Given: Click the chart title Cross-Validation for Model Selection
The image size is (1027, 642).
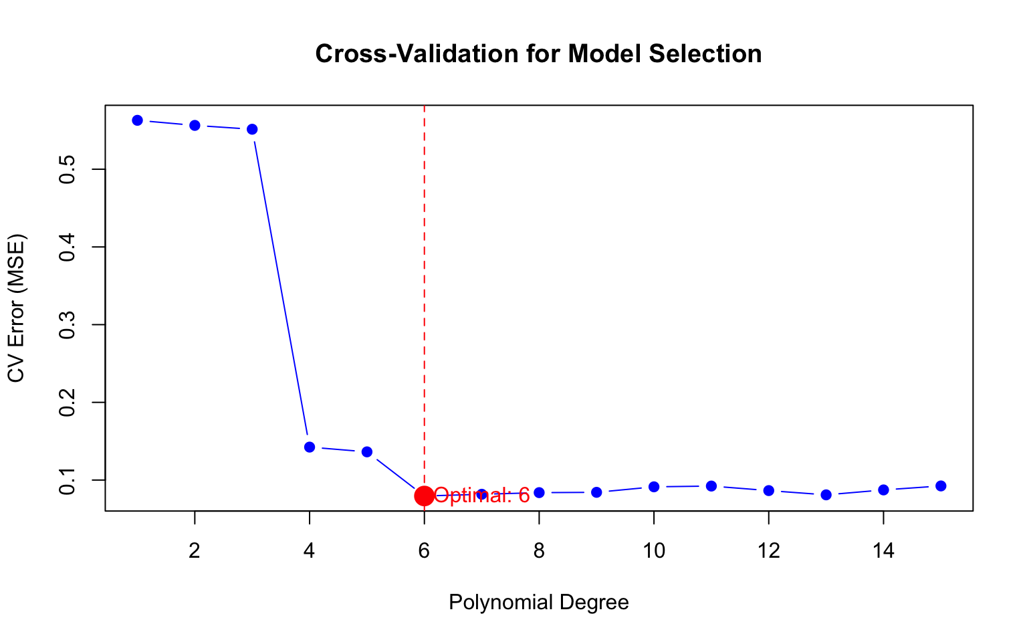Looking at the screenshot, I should [x=538, y=54].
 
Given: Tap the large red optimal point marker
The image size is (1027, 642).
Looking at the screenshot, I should [x=424, y=496].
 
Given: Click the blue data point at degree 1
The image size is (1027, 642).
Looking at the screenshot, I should [x=138, y=120].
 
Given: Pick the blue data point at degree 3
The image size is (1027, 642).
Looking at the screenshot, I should [x=252, y=129].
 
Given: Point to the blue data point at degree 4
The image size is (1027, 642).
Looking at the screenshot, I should [x=310, y=447].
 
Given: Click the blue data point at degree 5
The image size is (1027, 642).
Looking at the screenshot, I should [x=367, y=452].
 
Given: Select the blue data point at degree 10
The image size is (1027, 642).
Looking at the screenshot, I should [x=654, y=487].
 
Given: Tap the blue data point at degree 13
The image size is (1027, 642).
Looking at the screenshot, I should [x=826, y=495].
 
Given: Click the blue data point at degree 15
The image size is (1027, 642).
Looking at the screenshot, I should [x=941, y=486].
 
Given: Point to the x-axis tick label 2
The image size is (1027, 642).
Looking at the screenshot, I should [x=195, y=551].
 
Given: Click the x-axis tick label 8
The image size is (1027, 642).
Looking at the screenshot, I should [x=539, y=551].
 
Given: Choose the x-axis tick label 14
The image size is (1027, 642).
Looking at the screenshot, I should [x=883, y=551].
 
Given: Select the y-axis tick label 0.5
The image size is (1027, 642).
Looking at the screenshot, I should [x=66, y=169].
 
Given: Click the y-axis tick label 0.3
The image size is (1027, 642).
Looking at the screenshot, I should [x=66, y=324].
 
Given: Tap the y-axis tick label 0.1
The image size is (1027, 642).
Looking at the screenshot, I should [x=66, y=480].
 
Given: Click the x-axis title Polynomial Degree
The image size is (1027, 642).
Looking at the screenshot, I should [x=538, y=603].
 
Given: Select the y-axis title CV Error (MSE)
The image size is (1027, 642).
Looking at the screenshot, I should [x=16, y=308].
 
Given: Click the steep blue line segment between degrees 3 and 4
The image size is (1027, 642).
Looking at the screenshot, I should [x=281, y=288].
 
